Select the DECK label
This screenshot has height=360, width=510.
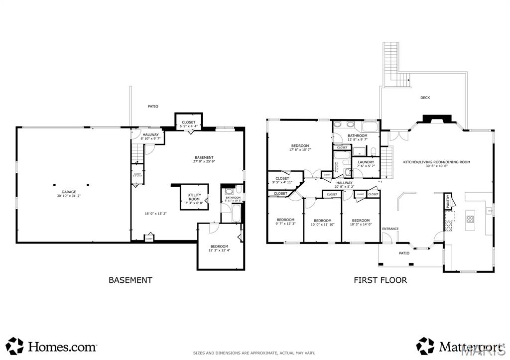425,98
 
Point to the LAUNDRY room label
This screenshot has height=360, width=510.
366,162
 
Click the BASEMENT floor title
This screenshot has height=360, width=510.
130,280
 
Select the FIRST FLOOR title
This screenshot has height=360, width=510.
380,280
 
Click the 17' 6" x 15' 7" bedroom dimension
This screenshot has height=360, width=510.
300,149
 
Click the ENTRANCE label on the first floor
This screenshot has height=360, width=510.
390,229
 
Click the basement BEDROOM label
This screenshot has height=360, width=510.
219,246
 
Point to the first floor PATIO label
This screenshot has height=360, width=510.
404,253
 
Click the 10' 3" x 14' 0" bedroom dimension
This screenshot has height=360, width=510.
361,225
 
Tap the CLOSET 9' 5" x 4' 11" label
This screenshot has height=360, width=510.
282,180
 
